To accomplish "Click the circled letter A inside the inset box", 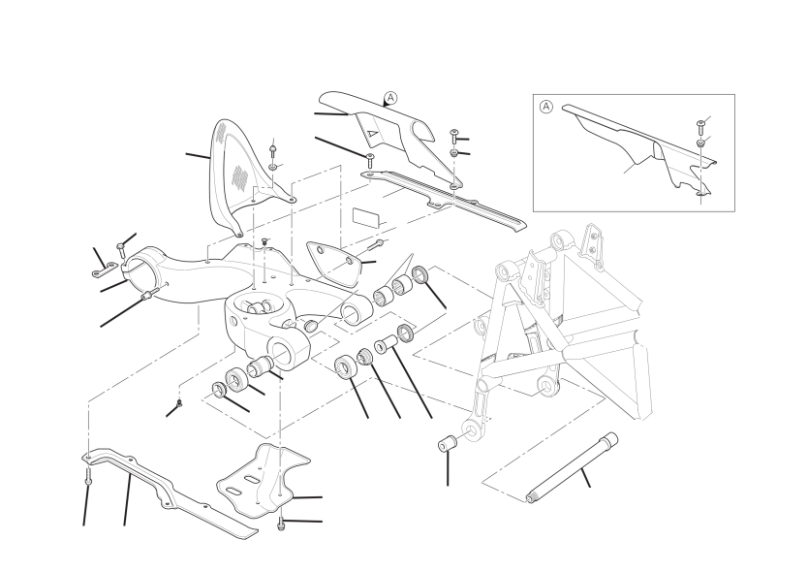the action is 545,107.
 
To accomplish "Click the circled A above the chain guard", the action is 391,98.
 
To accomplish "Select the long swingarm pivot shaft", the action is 572,467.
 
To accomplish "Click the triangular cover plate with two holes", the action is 334,261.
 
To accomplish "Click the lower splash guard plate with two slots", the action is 263,478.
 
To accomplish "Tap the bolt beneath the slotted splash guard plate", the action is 281,523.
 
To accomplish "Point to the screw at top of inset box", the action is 700,125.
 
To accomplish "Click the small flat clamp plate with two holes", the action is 104,270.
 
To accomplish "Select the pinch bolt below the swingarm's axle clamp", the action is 147,294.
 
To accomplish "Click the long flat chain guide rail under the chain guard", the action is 443,199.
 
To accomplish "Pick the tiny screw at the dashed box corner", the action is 179,403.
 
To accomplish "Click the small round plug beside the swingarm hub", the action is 311,326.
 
